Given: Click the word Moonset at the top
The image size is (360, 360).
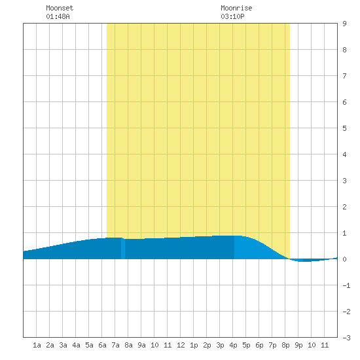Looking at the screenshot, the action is tap(60, 8).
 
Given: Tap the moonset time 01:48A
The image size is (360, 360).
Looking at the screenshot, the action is tap(58, 16).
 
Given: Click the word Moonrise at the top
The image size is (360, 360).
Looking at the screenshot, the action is tap(236, 8).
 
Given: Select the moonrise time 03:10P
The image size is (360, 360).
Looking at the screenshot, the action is tap(232, 16).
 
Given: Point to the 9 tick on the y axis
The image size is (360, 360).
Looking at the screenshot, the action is tap(344, 24).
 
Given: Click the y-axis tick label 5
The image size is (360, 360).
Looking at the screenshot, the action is tap(344, 128).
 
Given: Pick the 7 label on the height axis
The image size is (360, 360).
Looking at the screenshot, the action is tap(344, 76).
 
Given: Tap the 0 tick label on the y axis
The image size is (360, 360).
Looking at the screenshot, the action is tap(344, 259).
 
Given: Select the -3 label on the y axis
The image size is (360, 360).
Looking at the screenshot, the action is tap(347, 338).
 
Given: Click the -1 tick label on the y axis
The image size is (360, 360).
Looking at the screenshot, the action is tap(347, 285).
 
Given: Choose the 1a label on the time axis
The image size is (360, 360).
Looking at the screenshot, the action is tap(37, 345).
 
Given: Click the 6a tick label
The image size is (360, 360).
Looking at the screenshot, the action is tap(102, 345).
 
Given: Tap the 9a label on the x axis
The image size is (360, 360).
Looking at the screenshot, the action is tap(141, 345).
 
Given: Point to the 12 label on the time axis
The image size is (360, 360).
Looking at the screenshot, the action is tap(181, 345).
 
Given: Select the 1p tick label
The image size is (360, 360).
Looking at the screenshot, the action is tap(194, 345).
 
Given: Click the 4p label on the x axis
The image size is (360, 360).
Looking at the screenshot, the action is tap(233, 345).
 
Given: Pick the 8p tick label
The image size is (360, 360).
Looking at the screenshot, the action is tap(285, 345).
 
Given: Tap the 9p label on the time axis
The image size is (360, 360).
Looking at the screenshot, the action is tap(298, 345).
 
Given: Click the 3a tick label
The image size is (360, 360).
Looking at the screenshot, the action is tap(63, 345).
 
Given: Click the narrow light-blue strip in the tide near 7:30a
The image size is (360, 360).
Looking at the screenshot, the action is tap(123, 249).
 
